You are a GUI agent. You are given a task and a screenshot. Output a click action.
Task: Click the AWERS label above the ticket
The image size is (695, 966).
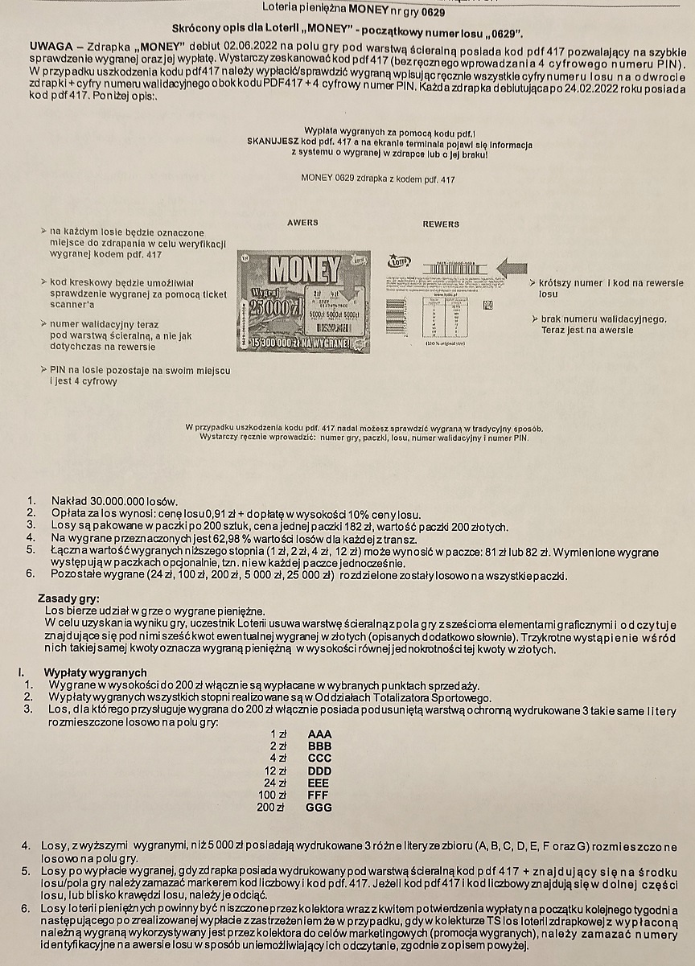(x=302, y=222)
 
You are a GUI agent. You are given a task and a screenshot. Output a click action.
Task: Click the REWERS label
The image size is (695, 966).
(x=441, y=224)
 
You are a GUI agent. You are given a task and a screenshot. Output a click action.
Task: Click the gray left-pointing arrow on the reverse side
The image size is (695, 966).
(x=512, y=267)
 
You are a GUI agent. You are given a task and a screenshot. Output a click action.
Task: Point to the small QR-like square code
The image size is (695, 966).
(x=487, y=304)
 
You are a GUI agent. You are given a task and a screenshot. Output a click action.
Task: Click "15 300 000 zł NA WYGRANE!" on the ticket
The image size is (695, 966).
(x=305, y=343)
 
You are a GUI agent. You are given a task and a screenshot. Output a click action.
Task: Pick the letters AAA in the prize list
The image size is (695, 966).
(x=319, y=734)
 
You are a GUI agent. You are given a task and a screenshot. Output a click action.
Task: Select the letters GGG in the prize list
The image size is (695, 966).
(x=319, y=807)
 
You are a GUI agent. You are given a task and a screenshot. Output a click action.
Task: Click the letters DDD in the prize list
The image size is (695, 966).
(x=319, y=771)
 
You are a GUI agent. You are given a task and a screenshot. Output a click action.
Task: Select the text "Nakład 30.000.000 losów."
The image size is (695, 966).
(x=113, y=501)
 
